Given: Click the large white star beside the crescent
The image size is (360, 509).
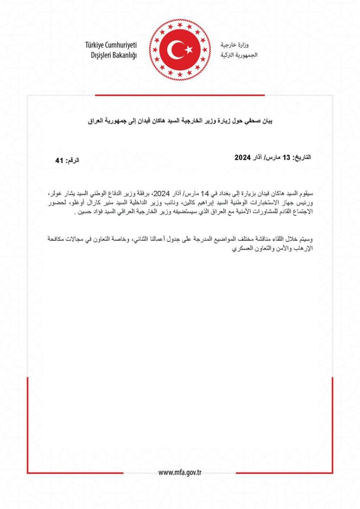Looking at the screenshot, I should (188, 49).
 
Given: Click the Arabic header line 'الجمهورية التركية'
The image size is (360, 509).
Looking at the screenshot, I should (239, 55).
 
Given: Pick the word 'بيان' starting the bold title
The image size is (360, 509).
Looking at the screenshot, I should (267, 121).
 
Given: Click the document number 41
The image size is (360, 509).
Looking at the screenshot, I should (59, 161).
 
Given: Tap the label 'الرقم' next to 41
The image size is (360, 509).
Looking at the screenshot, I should (72, 161).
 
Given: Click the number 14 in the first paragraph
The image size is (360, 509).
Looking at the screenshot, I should (204, 194).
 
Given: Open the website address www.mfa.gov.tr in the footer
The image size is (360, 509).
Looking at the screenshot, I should (180, 473).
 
